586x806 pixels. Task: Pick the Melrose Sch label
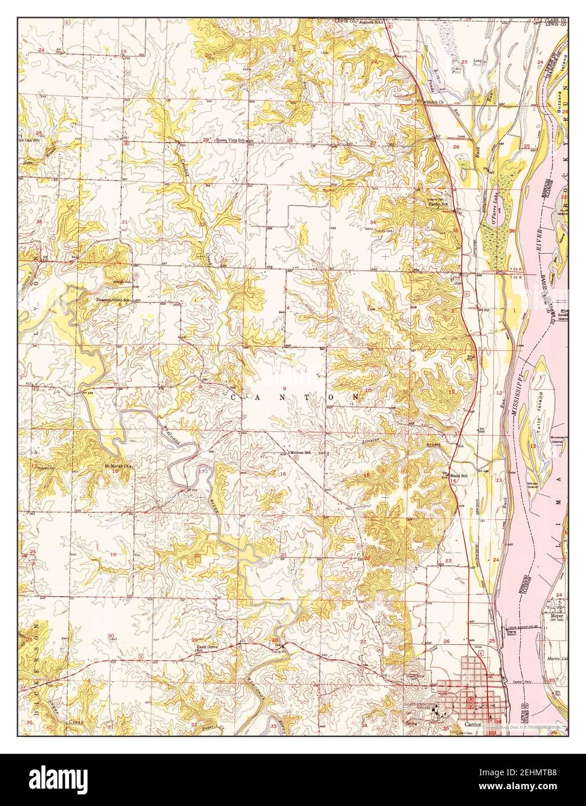(x=301, y=451)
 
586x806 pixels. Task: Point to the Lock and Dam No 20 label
(x=516, y=628)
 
